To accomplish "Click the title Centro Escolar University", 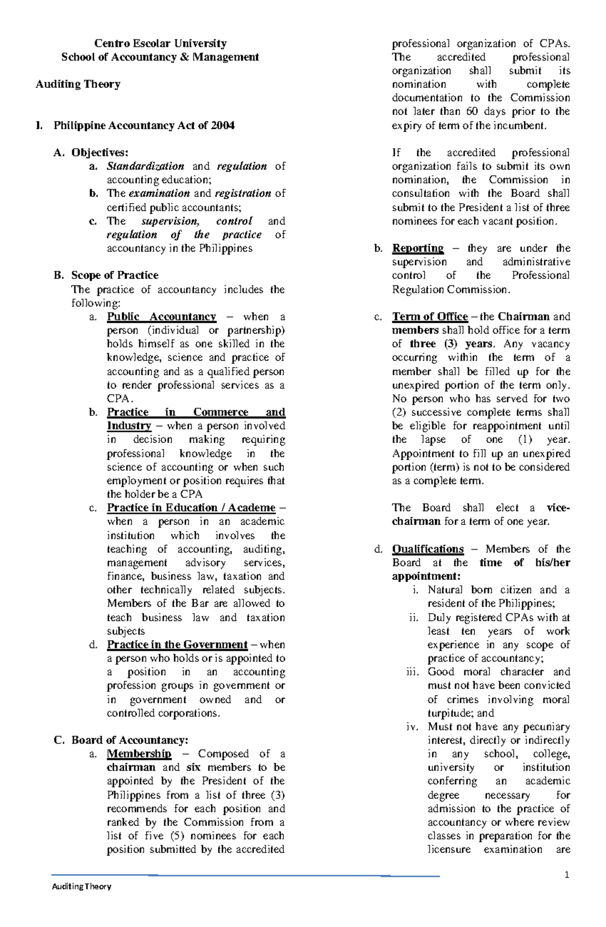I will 160,43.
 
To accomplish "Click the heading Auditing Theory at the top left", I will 78,84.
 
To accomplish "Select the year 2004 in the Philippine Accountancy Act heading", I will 223,125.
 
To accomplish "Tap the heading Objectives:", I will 100,153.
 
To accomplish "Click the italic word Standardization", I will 145,166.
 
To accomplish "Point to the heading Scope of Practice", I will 115,275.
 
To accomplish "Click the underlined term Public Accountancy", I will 161,317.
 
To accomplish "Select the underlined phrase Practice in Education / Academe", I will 191,508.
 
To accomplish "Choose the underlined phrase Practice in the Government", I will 177,645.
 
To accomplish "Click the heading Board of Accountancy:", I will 130,740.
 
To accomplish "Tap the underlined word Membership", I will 139,754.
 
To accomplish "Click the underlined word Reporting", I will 418,248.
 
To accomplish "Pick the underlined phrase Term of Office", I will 430,317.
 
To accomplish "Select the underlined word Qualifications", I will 428,549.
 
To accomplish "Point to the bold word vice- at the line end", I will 558,508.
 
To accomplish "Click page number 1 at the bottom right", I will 567,874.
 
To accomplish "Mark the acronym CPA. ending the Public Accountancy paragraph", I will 120,399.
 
